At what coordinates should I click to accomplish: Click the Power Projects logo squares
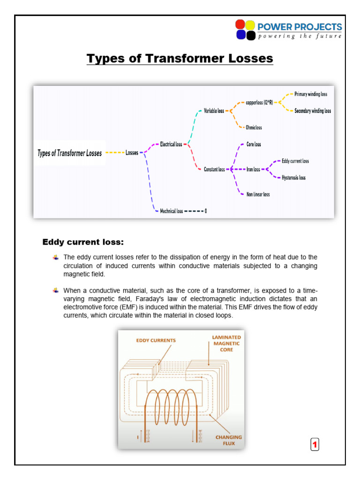[245, 30]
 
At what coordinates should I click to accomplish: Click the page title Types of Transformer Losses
[180, 59]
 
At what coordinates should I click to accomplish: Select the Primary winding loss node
[310, 94]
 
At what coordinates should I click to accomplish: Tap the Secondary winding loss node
[312, 111]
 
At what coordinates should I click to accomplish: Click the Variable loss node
[214, 111]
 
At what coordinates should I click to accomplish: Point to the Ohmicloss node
[254, 127]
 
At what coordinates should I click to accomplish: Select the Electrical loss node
[171, 144]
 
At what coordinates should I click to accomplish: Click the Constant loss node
[214, 170]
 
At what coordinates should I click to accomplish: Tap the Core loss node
[254, 144]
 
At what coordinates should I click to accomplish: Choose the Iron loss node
[253, 170]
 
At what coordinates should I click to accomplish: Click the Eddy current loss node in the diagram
[295, 161]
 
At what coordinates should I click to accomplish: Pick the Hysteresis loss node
[293, 178]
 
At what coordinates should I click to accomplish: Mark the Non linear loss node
[258, 195]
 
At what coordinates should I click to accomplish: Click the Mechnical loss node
[172, 211]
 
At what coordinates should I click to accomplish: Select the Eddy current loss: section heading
[83, 242]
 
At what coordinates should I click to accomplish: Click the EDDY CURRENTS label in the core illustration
[156, 340]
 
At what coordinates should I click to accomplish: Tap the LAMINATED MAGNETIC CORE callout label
[226, 343]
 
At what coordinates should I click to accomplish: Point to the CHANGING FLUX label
[229, 440]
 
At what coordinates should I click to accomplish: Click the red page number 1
[315, 445]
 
